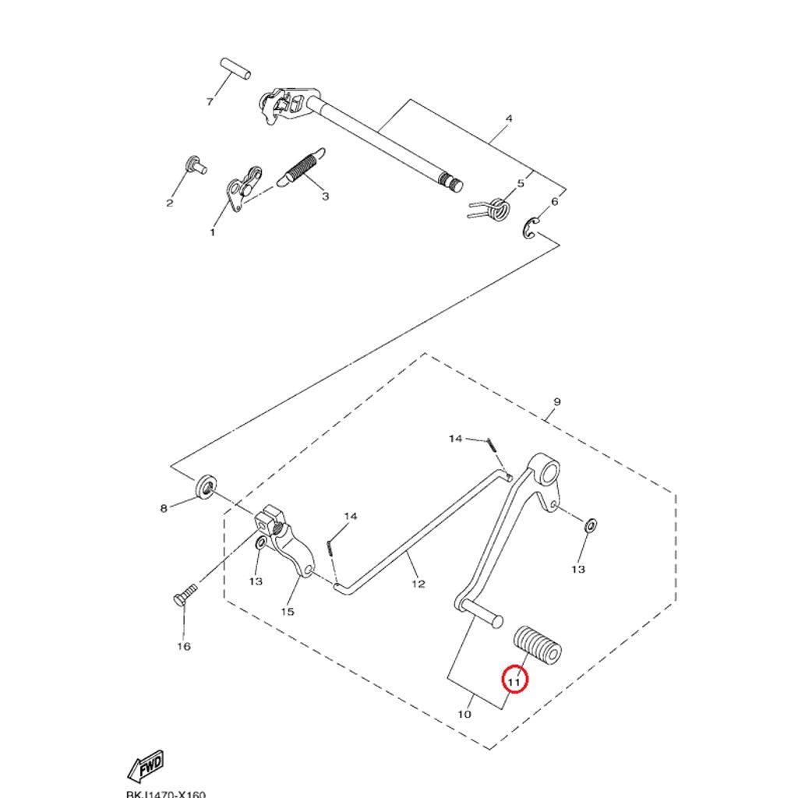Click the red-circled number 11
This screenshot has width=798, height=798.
click(514, 680)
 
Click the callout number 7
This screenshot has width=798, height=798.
click(209, 102)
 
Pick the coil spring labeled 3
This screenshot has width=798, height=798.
click(302, 168)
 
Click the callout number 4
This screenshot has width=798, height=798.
click(509, 119)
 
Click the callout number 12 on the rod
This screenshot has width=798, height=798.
click(418, 584)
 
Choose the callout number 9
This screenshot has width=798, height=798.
click(556, 402)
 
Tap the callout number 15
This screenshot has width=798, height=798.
click(288, 611)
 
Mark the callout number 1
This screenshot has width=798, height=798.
click(212, 232)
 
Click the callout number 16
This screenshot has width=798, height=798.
click(184, 646)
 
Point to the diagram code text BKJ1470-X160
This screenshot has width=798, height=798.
click(165, 794)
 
